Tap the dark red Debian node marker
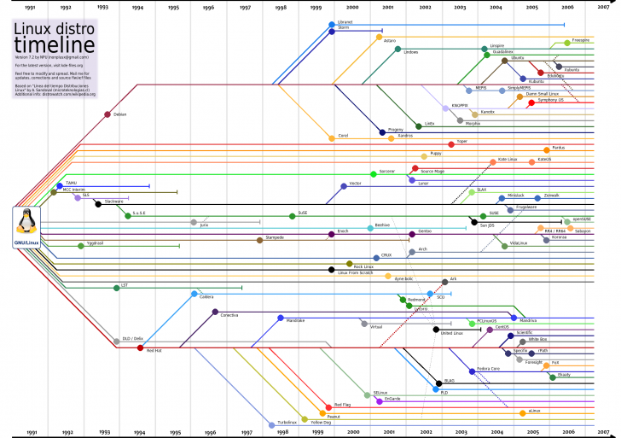(x=107, y=114)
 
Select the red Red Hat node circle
(x=141, y=347)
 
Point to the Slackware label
(x=113, y=201)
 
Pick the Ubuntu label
(x=518, y=57)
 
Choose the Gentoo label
(x=425, y=231)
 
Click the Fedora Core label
(x=488, y=367)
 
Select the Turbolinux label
(x=287, y=422)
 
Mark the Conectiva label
(x=229, y=315)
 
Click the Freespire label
(x=581, y=39)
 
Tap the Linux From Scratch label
(x=355, y=272)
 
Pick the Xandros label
(x=405, y=135)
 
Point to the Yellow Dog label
(x=321, y=422)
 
